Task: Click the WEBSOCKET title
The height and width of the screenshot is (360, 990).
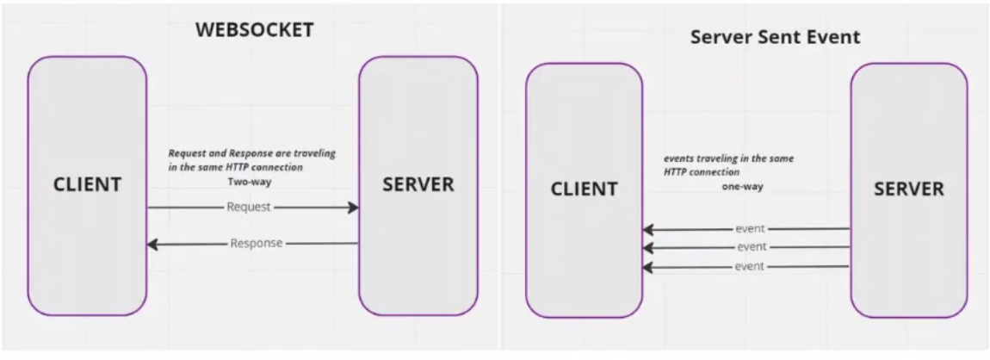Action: (254, 30)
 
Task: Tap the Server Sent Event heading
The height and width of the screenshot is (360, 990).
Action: (775, 38)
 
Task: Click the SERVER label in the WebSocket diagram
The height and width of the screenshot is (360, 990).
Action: (418, 184)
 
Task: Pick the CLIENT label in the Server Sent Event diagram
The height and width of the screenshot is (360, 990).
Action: (584, 189)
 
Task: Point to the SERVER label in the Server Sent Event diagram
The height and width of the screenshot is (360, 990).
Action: (908, 189)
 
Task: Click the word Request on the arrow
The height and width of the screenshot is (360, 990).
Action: (248, 208)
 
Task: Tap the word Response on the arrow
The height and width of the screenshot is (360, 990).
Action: (256, 244)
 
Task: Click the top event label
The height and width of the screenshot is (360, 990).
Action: (751, 229)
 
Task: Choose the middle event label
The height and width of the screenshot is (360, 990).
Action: (751, 248)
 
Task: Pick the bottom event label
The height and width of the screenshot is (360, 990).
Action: (751, 267)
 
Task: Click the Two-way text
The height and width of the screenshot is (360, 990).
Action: (249, 183)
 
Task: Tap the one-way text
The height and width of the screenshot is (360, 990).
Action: (742, 186)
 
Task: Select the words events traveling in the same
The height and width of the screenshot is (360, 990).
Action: (728, 159)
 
